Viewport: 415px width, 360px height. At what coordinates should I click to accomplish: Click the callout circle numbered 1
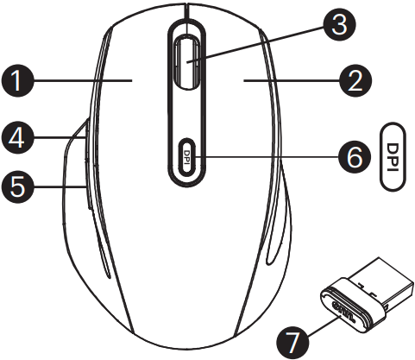(x=18, y=80)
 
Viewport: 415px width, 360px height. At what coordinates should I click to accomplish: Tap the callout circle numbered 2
(x=355, y=80)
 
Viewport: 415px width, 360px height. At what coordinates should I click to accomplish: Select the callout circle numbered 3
(x=339, y=25)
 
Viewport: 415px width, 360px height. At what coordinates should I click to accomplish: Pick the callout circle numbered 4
(x=18, y=137)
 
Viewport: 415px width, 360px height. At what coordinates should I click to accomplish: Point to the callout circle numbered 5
(x=18, y=187)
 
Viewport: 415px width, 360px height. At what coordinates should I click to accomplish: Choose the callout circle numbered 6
(x=355, y=157)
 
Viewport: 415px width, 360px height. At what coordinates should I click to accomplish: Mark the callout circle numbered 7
(x=292, y=343)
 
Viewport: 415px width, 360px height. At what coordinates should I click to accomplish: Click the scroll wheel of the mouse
(x=186, y=62)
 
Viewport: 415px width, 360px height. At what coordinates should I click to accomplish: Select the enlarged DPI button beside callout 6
(x=393, y=157)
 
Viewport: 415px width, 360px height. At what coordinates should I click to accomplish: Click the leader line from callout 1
(x=83, y=80)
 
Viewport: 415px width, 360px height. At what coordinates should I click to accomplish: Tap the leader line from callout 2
(x=292, y=80)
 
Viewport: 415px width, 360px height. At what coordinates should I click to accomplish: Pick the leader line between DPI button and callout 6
(x=267, y=157)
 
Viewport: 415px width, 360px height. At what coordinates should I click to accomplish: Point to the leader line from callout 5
(x=60, y=187)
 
